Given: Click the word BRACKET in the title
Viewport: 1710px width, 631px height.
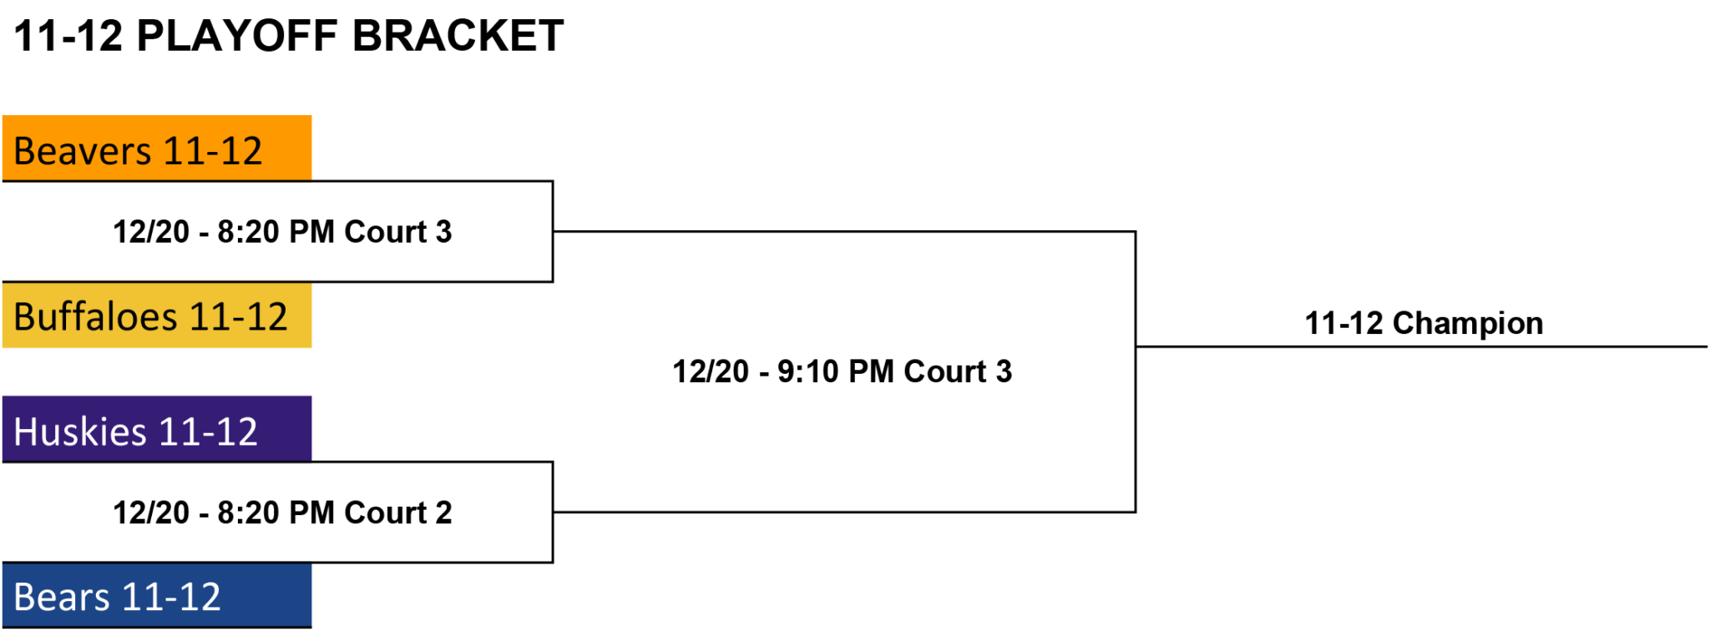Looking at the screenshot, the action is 458,36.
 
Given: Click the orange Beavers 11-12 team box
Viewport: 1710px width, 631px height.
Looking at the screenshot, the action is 157,148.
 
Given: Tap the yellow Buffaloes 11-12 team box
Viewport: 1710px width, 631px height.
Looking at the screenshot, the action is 157,315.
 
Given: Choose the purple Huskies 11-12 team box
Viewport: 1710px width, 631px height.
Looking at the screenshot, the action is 157,429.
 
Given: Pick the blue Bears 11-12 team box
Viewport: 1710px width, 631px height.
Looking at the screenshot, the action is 157,595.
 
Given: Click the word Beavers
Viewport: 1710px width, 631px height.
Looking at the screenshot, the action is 83,151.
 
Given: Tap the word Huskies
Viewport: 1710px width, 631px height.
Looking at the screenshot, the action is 80,432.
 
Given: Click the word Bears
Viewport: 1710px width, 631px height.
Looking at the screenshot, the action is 62,598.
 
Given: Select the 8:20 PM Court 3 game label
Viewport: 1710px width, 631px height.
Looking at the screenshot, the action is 282,231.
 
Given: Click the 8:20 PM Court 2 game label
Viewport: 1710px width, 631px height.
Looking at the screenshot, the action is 282,512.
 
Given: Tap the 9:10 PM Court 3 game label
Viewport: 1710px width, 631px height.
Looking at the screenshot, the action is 842,371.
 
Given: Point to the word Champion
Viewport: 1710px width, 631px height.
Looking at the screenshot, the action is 1468,324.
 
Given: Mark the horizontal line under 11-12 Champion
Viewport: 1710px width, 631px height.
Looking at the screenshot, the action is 1422,346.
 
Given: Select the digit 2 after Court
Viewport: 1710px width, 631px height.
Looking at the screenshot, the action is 443,512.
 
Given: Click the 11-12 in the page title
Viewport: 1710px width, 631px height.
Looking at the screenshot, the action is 68,36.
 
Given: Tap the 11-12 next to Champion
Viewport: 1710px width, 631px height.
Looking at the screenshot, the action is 1344,323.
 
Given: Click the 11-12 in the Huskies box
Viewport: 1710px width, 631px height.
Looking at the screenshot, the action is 207,432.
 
